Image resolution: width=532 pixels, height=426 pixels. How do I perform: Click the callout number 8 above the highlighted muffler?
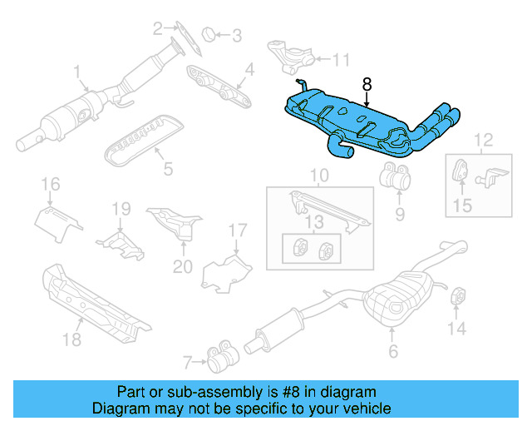click(367, 84)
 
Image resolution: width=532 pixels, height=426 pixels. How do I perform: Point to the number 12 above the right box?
click(483, 139)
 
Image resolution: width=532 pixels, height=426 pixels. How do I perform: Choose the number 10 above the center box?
click(320, 176)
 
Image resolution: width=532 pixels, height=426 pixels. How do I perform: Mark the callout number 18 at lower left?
click(72, 339)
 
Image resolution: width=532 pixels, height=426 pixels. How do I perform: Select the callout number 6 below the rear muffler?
click(393, 352)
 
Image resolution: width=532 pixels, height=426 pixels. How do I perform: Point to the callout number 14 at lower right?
click(456, 329)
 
